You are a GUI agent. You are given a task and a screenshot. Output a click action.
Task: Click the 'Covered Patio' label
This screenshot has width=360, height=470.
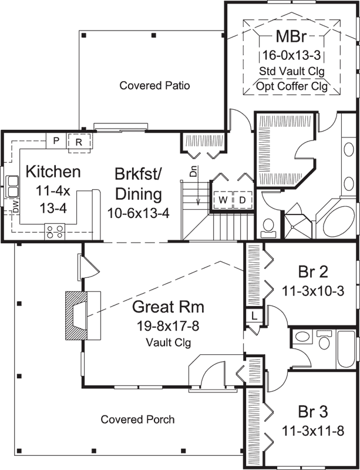point(154,85)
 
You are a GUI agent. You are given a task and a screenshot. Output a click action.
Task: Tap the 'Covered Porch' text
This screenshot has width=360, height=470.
point(137,419)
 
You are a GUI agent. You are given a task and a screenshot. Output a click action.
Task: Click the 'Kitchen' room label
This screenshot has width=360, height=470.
point(53,172)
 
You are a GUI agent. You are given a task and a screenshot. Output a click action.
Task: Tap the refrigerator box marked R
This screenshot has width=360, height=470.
point(78,141)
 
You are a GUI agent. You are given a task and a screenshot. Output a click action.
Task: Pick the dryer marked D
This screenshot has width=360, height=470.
point(242,200)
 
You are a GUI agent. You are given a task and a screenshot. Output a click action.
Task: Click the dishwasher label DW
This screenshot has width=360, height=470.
point(16,206)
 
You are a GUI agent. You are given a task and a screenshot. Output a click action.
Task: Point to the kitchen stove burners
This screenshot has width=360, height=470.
point(56,231)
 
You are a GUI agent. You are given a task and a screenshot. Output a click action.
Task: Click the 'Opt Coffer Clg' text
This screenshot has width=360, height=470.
point(292,86)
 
